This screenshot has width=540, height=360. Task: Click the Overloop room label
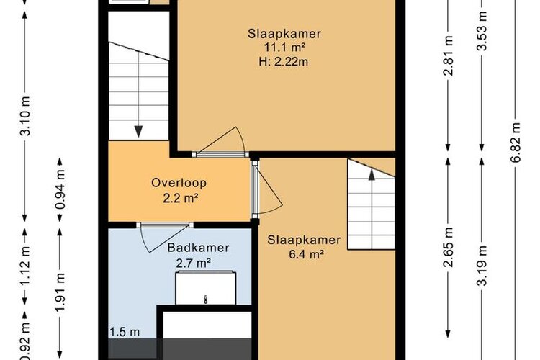(179, 183)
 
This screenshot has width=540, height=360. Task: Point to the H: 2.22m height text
(284, 62)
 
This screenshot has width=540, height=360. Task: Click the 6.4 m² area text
(307, 254)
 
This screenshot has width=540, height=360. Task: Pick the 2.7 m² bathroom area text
(194, 264)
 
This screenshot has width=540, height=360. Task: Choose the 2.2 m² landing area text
(181, 198)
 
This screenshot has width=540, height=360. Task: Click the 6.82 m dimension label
(516, 143)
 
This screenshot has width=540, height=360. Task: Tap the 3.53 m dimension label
(482, 31)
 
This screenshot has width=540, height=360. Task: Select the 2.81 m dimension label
(448, 55)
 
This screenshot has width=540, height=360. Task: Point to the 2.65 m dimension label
(448, 248)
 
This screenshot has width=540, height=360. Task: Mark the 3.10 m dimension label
(25, 116)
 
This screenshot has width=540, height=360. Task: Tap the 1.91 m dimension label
(60, 292)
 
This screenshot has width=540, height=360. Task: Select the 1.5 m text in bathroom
(125, 332)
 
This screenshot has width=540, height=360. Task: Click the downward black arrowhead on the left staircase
(138, 132)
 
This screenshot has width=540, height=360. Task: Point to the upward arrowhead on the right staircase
(372, 175)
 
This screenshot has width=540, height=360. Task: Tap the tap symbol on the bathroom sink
(206, 299)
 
